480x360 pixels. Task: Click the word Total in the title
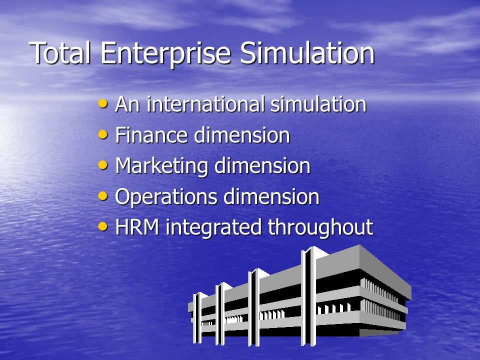tap(60, 53)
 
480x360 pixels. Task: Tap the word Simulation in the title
tap(307, 53)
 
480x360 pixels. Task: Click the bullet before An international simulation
tap(103, 103)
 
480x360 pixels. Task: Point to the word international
tap(205, 104)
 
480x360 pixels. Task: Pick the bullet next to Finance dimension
tap(103, 134)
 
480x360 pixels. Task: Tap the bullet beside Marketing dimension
tap(103, 164)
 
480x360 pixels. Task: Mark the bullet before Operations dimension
tap(103, 195)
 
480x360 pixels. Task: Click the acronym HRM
tap(137, 227)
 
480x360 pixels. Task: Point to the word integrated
tap(213, 228)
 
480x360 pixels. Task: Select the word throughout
tap(320, 228)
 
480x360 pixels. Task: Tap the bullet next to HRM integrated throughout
tap(103, 226)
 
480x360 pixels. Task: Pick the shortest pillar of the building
tap(197, 318)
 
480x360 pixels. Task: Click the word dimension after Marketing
tap(262, 166)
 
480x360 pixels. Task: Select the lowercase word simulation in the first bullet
tap(318, 104)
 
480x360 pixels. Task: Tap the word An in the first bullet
tap(127, 104)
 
